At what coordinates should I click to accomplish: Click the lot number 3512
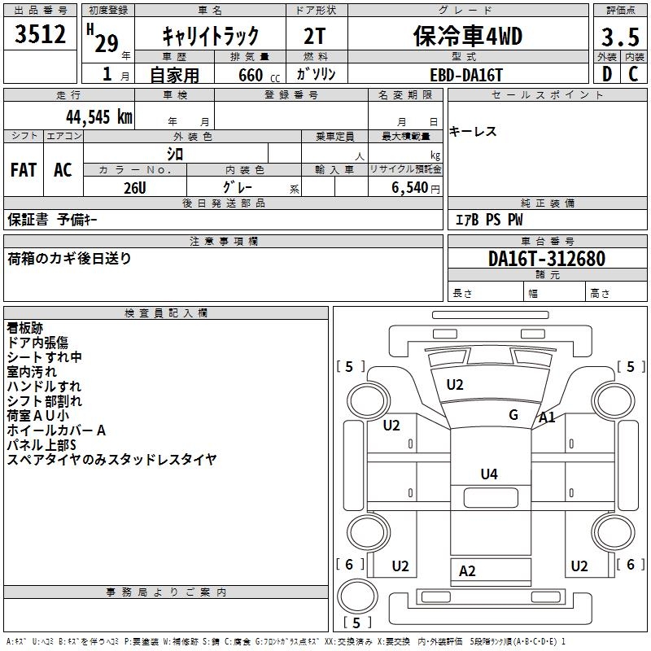[x=40, y=35]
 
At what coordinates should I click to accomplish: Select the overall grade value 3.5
[x=618, y=37]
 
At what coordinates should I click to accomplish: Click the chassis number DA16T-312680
[x=547, y=260]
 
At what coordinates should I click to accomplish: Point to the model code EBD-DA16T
[x=466, y=74]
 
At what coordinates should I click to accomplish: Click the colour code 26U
[x=134, y=186]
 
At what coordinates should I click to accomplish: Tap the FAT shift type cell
[x=24, y=170]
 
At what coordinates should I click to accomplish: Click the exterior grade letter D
[x=606, y=74]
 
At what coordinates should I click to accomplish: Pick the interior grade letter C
[x=634, y=74]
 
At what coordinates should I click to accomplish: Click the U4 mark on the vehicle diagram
[x=489, y=474]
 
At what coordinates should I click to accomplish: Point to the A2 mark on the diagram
[x=467, y=571]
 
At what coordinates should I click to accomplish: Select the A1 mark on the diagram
[x=548, y=417]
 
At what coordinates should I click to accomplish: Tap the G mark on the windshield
[x=513, y=414]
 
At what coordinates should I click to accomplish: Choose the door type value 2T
[x=316, y=36]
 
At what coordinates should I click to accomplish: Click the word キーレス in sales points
[x=473, y=132]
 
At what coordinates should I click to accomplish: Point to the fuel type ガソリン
[x=316, y=74]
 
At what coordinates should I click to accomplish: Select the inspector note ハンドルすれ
[x=44, y=387]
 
